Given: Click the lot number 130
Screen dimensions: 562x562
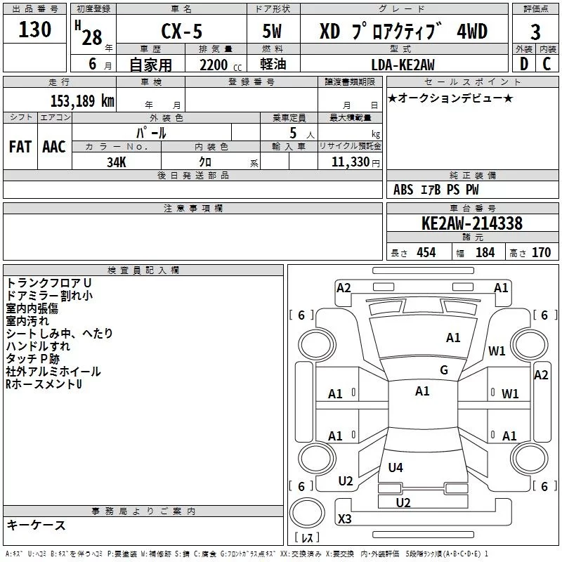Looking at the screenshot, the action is [35, 30].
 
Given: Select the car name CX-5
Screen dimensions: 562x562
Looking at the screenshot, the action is [180, 32].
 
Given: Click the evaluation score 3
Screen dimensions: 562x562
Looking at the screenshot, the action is [535, 32].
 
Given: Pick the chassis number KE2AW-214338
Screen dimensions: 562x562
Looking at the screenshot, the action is [472, 224].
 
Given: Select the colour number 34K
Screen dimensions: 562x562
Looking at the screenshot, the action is [117, 162].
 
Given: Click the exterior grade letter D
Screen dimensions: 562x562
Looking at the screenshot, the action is [523, 64].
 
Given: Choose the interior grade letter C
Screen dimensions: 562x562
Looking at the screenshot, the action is [547, 64].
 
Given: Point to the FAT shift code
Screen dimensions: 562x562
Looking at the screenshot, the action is [20, 146].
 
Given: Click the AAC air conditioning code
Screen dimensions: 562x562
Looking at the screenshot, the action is [54, 146].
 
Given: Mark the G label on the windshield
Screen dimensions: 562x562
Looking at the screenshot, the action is [444, 370].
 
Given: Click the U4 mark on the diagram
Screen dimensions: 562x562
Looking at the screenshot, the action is [396, 467].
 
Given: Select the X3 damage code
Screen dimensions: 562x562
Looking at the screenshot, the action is [345, 519].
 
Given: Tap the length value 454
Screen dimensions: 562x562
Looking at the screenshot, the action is [426, 252].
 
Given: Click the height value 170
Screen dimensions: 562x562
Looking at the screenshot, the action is [541, 252].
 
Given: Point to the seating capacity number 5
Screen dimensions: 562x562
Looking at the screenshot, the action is [292, 132].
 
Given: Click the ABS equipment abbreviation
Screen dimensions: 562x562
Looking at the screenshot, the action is [403, 190].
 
